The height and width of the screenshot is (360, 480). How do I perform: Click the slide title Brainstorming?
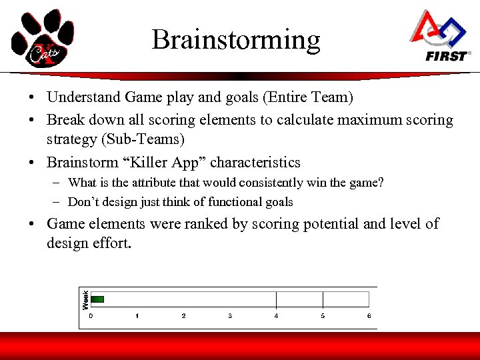236,41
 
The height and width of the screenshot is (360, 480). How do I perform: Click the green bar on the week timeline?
97,299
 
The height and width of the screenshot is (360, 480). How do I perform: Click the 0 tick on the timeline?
91,316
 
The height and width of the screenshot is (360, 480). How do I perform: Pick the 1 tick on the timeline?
137,316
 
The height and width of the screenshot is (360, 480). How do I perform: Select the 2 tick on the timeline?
183,316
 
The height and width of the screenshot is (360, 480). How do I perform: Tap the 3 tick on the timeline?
230,316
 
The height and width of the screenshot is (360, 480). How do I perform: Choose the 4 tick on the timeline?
276,316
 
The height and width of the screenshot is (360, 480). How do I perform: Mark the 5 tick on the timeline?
323,316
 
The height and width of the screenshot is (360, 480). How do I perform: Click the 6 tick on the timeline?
369,316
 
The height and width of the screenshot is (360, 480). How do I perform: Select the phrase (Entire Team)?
308,97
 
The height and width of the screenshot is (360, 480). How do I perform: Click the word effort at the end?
113,243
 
